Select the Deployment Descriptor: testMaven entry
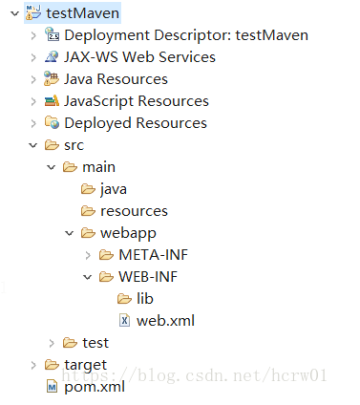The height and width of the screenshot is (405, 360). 185,35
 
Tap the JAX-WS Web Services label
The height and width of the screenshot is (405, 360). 139,57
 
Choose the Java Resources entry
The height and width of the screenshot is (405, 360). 116,79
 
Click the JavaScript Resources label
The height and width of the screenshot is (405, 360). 136,101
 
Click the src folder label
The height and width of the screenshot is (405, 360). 74,145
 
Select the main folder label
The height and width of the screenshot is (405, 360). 98,167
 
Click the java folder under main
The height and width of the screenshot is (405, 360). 113,189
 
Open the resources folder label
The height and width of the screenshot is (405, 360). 134,211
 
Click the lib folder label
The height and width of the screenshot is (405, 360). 144,299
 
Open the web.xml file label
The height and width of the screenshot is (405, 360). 165,321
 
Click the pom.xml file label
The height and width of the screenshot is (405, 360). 94,387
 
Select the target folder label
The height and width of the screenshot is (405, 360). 85,365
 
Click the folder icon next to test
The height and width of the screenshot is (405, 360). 69,343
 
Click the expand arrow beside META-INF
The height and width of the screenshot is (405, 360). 88,255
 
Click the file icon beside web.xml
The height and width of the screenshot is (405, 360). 124,321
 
